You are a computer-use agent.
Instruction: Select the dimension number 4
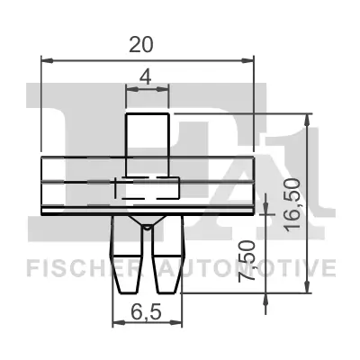(147, 77)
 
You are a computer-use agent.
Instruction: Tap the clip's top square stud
(147, 135)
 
